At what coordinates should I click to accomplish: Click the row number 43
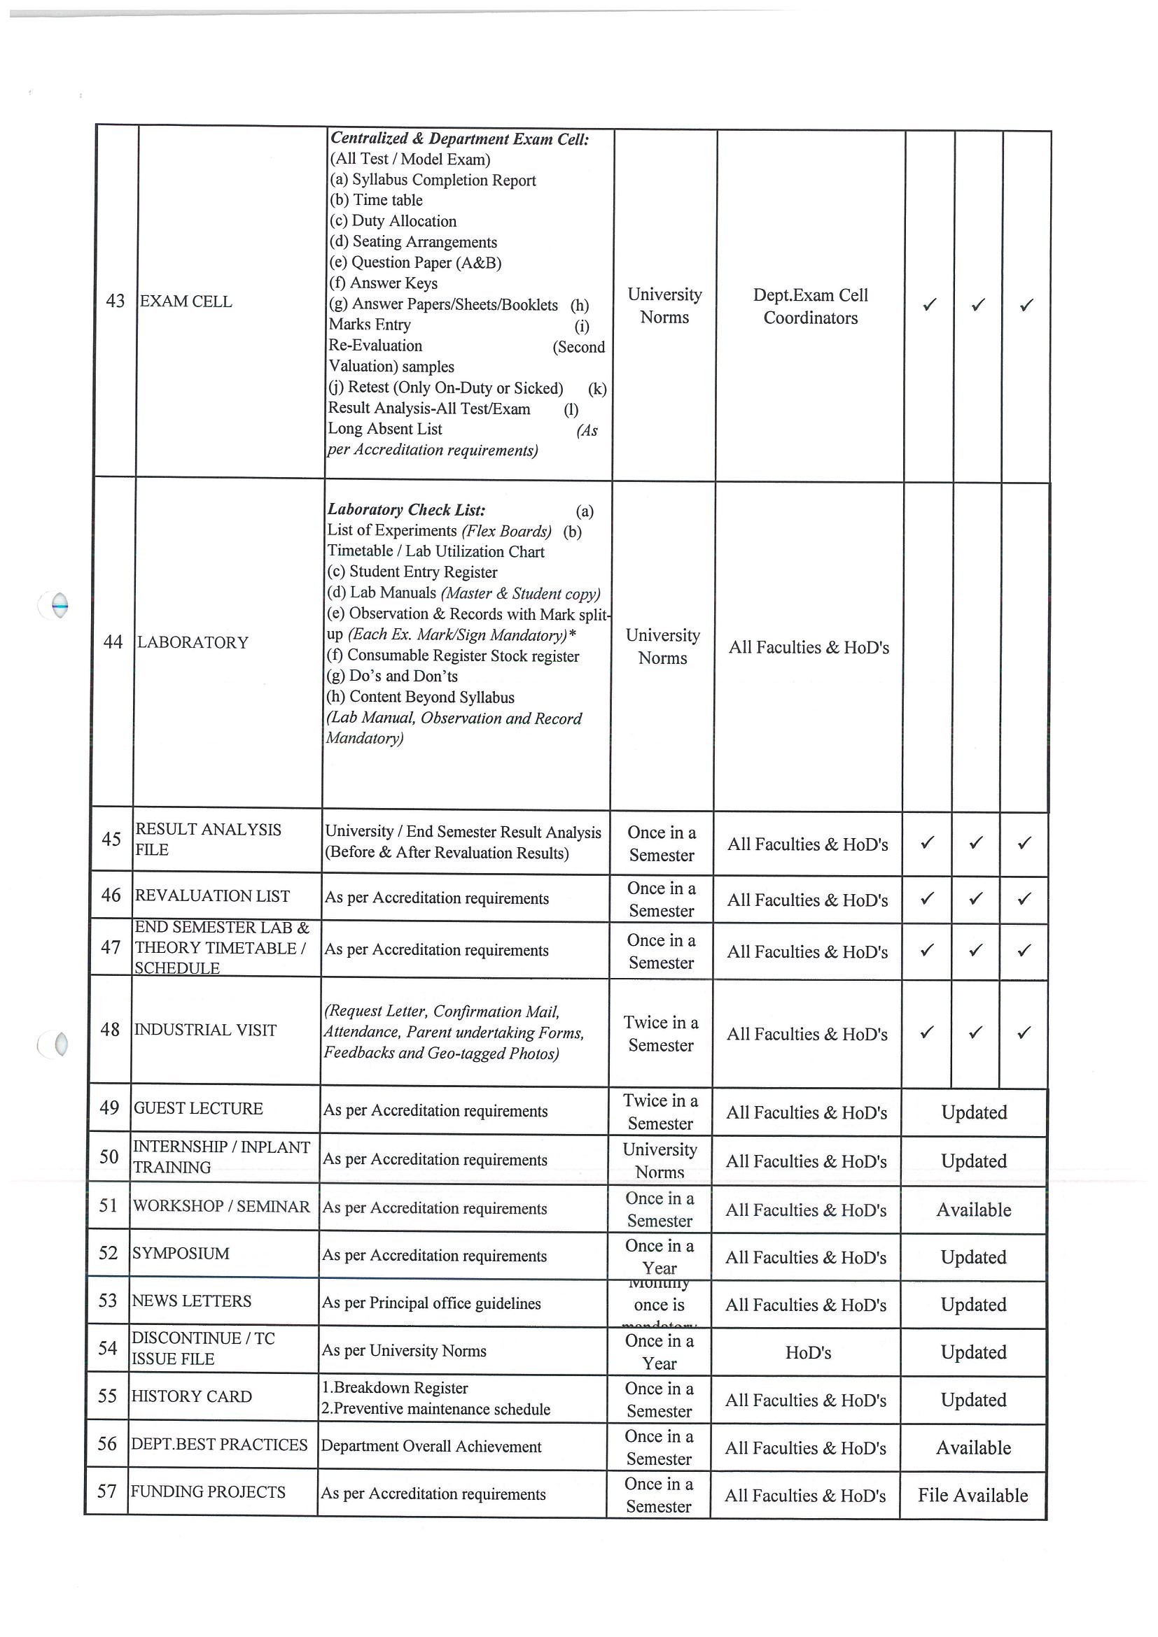point(115,301)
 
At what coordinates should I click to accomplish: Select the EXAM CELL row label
point(186,302)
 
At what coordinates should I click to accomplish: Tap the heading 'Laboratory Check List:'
point(406,509)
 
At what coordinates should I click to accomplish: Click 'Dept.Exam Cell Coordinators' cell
point(811,306)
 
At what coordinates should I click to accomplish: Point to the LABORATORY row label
point(192,642)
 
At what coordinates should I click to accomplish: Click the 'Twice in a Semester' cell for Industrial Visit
point(661,1033)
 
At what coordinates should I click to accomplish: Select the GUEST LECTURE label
point(197,1108)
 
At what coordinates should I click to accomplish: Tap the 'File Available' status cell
point(972,1495)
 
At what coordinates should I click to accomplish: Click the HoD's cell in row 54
point(808,1352)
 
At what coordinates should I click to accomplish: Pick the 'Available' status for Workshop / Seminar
point(973,1210)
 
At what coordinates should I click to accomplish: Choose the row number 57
point(106,1491)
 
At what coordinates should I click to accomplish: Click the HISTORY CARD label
point(191,1396)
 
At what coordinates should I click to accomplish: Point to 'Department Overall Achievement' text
point(431,1446)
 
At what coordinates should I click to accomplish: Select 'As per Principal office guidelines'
point(431,1303)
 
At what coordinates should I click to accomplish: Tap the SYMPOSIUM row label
point(181,1254)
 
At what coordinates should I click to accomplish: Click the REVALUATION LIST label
point(212,895)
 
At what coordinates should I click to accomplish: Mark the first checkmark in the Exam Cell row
point(929,304)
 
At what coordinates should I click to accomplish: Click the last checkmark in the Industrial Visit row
point(1023,1033)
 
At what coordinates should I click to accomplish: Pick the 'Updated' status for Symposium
point(973,1257)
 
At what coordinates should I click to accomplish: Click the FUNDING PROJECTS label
point(208,1491)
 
